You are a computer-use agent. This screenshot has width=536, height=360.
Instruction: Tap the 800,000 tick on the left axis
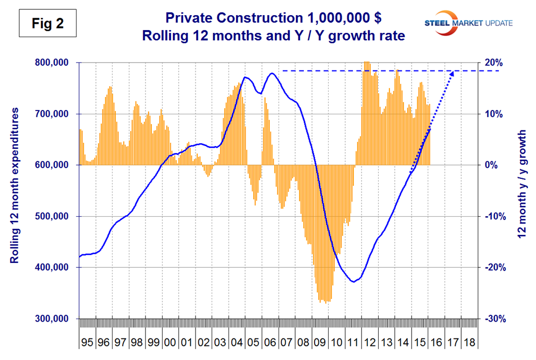[53, 63]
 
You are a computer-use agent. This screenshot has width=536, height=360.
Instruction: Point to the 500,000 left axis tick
[53, 216]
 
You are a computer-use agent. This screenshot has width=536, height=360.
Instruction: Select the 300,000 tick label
[53, 319]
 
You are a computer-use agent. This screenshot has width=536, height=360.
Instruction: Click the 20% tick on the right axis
[495, 63]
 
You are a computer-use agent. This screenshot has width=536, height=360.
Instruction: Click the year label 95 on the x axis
[87, 342]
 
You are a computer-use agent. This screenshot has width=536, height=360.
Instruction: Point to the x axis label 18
[469, 342]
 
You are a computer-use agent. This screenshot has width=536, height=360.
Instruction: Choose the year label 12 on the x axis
[370, 342]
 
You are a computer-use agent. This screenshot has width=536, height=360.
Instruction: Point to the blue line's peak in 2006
[272, 73]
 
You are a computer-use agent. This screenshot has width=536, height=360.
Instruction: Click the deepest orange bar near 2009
[326, 303]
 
